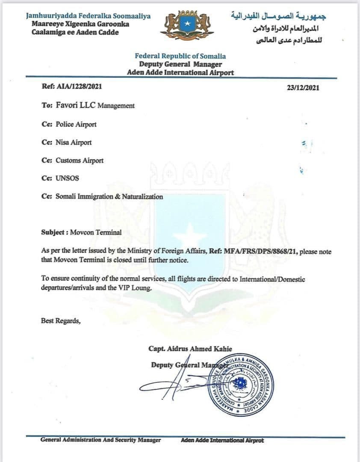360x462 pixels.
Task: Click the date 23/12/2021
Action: (303, 88)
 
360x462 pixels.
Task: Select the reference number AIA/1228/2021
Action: (79, 86)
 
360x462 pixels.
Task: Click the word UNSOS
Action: (67, 179)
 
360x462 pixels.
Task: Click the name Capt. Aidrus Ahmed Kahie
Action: (190, 349)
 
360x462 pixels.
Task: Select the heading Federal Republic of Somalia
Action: (180, 56)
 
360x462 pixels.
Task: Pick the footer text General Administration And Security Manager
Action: (100, 440)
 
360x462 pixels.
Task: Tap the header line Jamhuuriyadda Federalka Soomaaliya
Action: (89, 16)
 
